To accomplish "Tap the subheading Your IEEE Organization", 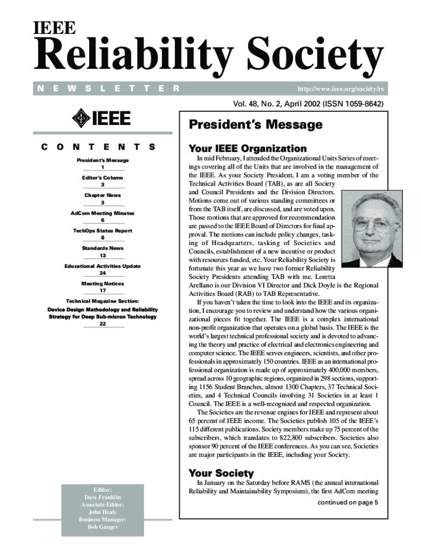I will (x=247, y=148).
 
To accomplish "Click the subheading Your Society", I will (x=221, y=473).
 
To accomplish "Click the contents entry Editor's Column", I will (x=103, y=178).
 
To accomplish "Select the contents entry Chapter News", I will (x=103, y=195).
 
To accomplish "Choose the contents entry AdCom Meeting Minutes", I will (x=103, y=213).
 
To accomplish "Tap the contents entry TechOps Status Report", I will (x=103, y=231).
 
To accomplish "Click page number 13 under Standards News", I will (x=103, y=255).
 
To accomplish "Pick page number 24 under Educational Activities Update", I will (x=103, y=273).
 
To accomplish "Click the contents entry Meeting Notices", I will (x=103, y=284).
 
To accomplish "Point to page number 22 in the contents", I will (x=103, y=324).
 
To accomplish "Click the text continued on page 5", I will (x=348, y=503).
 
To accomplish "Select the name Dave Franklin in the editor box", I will (x=103, y=497).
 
